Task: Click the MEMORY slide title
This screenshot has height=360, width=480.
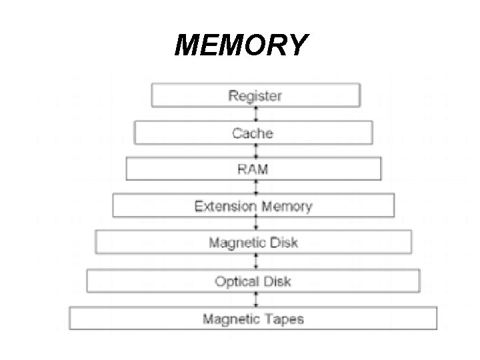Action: click(x=241, y=45)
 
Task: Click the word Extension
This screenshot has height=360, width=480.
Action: click(x=224, y=206)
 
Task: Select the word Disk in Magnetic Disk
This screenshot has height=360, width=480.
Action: click(x=283, y=242)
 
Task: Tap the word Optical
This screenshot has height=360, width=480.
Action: click(x=237, y=281)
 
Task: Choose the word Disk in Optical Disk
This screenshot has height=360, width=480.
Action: click(x=277, y=281)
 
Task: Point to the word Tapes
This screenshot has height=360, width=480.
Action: click(x=283, y=319)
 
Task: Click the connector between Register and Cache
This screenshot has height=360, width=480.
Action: click(x=255, y=114)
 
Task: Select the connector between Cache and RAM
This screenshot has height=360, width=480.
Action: click(x=255, y=151)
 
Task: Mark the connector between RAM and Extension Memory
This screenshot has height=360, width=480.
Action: click(x=255, y=187)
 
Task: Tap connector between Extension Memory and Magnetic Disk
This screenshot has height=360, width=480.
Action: click(x=255, y=224)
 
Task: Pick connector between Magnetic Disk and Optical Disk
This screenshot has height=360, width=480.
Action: click(x=255, y=262)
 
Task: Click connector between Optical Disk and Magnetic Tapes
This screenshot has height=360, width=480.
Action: click(x=255, y=299)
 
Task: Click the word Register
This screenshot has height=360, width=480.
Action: click(x=255, y=95)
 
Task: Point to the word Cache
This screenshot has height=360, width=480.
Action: click(x=253, y=133)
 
